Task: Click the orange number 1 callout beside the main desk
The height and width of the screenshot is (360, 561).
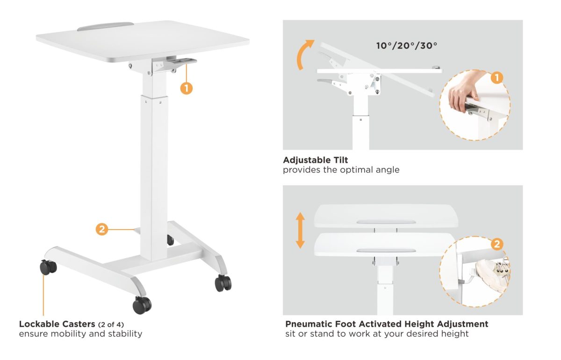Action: [187, 88]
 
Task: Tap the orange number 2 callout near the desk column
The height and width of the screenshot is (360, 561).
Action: [102, 229]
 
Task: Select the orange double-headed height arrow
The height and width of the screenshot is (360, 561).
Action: [300, 230]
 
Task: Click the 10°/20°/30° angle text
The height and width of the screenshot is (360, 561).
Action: [406, 46]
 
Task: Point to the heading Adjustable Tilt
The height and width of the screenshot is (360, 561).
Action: [315, 160]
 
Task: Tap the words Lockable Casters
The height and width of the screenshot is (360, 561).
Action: [57, 324]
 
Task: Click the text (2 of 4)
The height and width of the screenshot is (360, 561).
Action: [111, 324]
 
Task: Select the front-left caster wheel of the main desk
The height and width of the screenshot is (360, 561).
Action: [48, 267]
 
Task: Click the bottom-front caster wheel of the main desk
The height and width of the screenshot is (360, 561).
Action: [142, 305]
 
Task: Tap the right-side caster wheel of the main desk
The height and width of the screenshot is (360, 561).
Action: [223, 283]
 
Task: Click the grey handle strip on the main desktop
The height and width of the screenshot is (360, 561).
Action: [106, 27]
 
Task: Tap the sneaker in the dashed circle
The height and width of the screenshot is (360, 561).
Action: [493, 275]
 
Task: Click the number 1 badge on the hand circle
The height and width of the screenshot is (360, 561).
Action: [497, 78]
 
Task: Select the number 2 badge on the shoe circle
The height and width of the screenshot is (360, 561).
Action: [497, 244]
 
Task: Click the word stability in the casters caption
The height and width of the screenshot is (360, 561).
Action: [125, 334]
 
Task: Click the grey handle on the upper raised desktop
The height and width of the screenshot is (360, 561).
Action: [386, 222]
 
